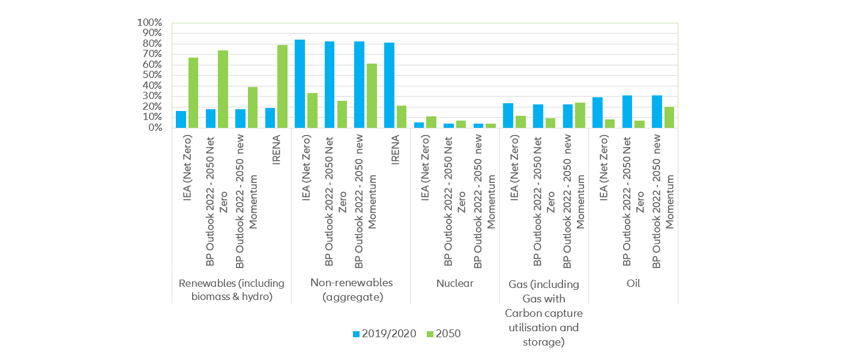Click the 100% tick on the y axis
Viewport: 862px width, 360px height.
(149, 23)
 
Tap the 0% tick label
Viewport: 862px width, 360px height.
(154, 128)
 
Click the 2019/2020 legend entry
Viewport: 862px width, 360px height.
(384, 334)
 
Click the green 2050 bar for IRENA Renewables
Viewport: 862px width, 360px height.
(282, 86)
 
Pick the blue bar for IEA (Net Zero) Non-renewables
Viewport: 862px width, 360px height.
(300, 83)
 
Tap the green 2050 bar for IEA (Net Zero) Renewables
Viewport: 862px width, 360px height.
(193, 92)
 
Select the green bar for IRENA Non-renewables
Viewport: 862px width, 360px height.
(401, 116)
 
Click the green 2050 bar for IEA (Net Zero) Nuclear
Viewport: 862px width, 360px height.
(431, 122)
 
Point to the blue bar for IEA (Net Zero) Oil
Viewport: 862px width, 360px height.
(597, 112)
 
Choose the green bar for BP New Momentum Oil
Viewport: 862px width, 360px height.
(669, 117)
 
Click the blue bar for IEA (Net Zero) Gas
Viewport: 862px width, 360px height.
(508, 115)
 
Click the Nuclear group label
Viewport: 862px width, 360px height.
(455, 283)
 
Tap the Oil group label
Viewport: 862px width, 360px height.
(633, 283)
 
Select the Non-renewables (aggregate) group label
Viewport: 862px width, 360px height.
(351, 289)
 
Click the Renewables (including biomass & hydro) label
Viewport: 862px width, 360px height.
(231, 289)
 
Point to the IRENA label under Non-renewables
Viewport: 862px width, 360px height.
(395, 156)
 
